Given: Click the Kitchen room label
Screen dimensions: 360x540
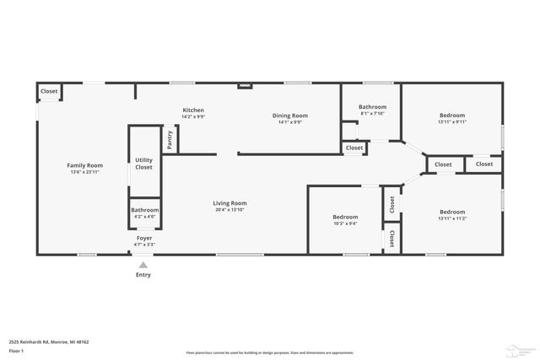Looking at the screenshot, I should click(193, 110).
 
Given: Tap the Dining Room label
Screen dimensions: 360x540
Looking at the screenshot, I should click(289, 116).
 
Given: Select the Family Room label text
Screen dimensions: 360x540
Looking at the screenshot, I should click(84, 165).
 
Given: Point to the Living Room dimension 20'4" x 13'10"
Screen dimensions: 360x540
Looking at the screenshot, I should click(229, 210).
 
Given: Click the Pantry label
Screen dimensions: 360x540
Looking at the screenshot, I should click(170, 139).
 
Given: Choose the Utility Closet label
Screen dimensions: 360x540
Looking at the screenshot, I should click(144, 164).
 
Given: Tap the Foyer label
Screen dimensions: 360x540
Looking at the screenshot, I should click(144, 239).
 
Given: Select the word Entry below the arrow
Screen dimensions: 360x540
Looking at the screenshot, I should click(143, 275).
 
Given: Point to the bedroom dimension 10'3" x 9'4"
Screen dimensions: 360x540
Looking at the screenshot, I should click(346, 223).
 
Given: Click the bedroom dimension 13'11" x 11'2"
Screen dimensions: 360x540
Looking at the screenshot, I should click(451, 218).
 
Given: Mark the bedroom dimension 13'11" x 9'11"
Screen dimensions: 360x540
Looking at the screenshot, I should click(451, 121).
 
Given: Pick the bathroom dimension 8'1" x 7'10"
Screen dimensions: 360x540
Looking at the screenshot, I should click(371, 114).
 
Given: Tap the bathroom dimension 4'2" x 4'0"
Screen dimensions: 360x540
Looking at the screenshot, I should click(144, 217).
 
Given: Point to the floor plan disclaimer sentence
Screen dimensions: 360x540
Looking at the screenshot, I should click(269, 352).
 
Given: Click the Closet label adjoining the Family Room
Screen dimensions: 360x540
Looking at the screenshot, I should click(49, 91).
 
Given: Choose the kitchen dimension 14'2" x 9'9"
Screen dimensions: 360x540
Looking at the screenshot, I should click(193, 116).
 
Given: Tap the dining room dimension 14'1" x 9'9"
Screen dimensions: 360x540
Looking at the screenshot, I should click(289, 121).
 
